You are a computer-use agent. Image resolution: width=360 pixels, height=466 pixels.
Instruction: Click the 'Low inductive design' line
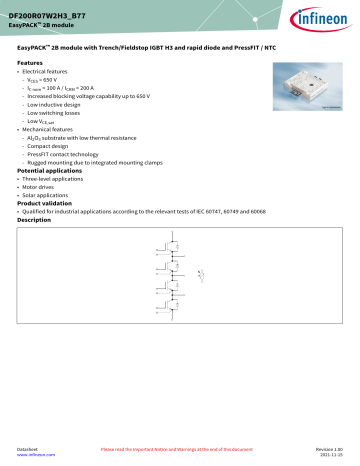(x=62, y=103)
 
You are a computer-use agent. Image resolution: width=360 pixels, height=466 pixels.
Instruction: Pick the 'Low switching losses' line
(x=61, y=112)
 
